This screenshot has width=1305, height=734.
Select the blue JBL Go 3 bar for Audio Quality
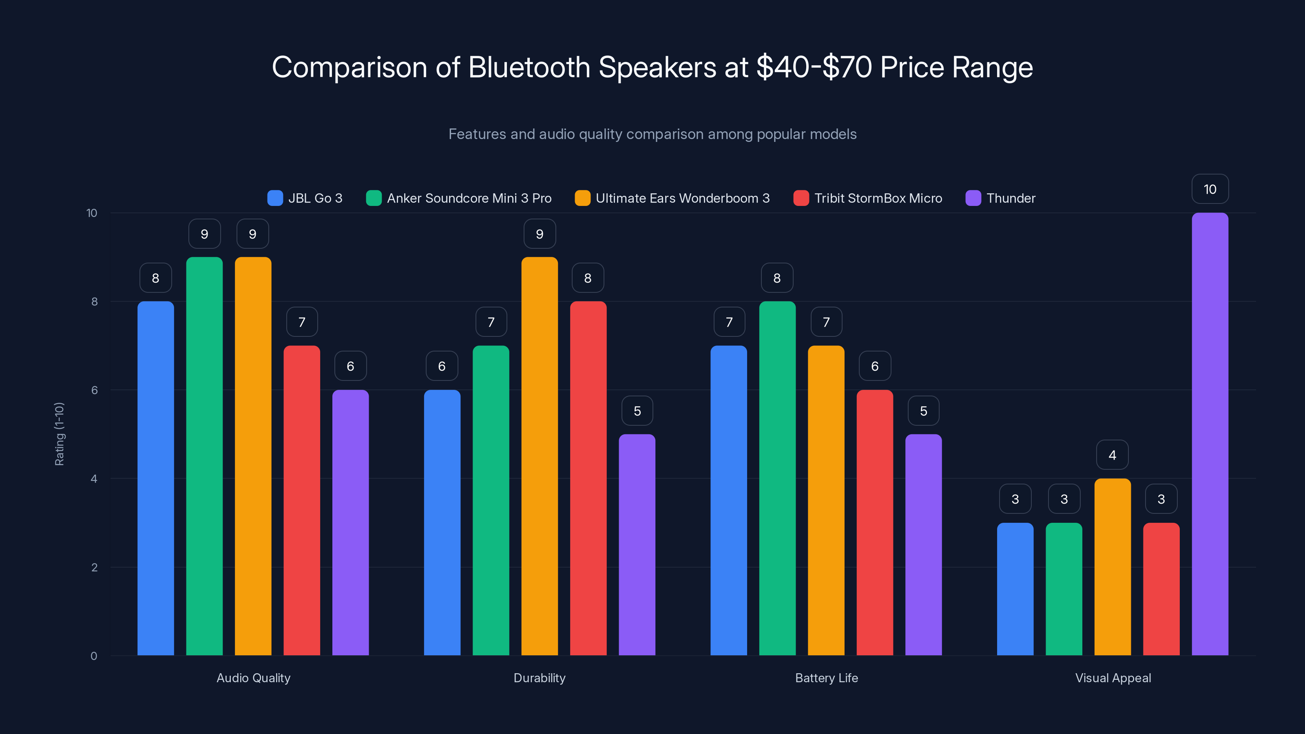coord(155,478)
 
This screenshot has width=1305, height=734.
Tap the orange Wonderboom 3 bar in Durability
coord(540,456)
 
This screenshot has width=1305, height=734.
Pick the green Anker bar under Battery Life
coord(777,478)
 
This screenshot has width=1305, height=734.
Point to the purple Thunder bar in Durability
coord(637,544)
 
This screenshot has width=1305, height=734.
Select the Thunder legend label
coord(1011,198)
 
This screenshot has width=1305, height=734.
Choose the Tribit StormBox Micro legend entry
coord(878,198)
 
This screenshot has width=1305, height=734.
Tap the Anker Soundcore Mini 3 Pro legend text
coord(469,198)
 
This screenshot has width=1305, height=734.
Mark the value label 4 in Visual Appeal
coord(1113,455)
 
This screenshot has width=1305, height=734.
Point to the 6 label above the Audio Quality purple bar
coord(350,366)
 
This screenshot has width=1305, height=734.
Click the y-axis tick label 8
coord(94,301)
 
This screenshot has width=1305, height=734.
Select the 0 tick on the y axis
coord(94,656)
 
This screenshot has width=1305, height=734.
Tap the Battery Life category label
coord(826,678)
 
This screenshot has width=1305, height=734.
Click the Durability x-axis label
coord(540,678)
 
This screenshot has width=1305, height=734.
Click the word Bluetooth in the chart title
coord(529,67)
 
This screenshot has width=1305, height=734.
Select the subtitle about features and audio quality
coord(652,134)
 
